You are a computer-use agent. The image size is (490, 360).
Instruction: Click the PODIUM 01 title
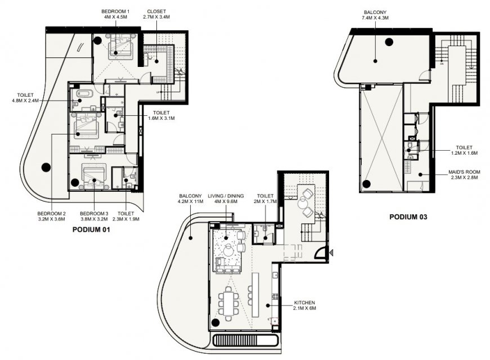point(91,229)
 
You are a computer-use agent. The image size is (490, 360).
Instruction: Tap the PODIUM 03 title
point(408,217)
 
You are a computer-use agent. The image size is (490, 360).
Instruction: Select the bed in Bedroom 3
point(95,175)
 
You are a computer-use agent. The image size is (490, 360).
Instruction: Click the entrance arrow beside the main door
point(331,252)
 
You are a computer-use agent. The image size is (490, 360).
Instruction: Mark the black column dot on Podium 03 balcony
point(389,42)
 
